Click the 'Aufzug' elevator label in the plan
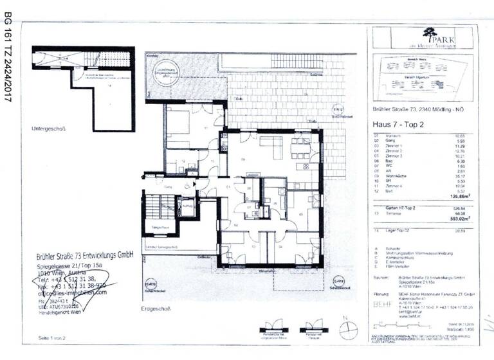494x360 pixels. tap(187, 207)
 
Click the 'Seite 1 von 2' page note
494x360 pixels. tap(53, 337)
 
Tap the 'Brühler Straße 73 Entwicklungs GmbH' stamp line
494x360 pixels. tap(84, 255)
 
